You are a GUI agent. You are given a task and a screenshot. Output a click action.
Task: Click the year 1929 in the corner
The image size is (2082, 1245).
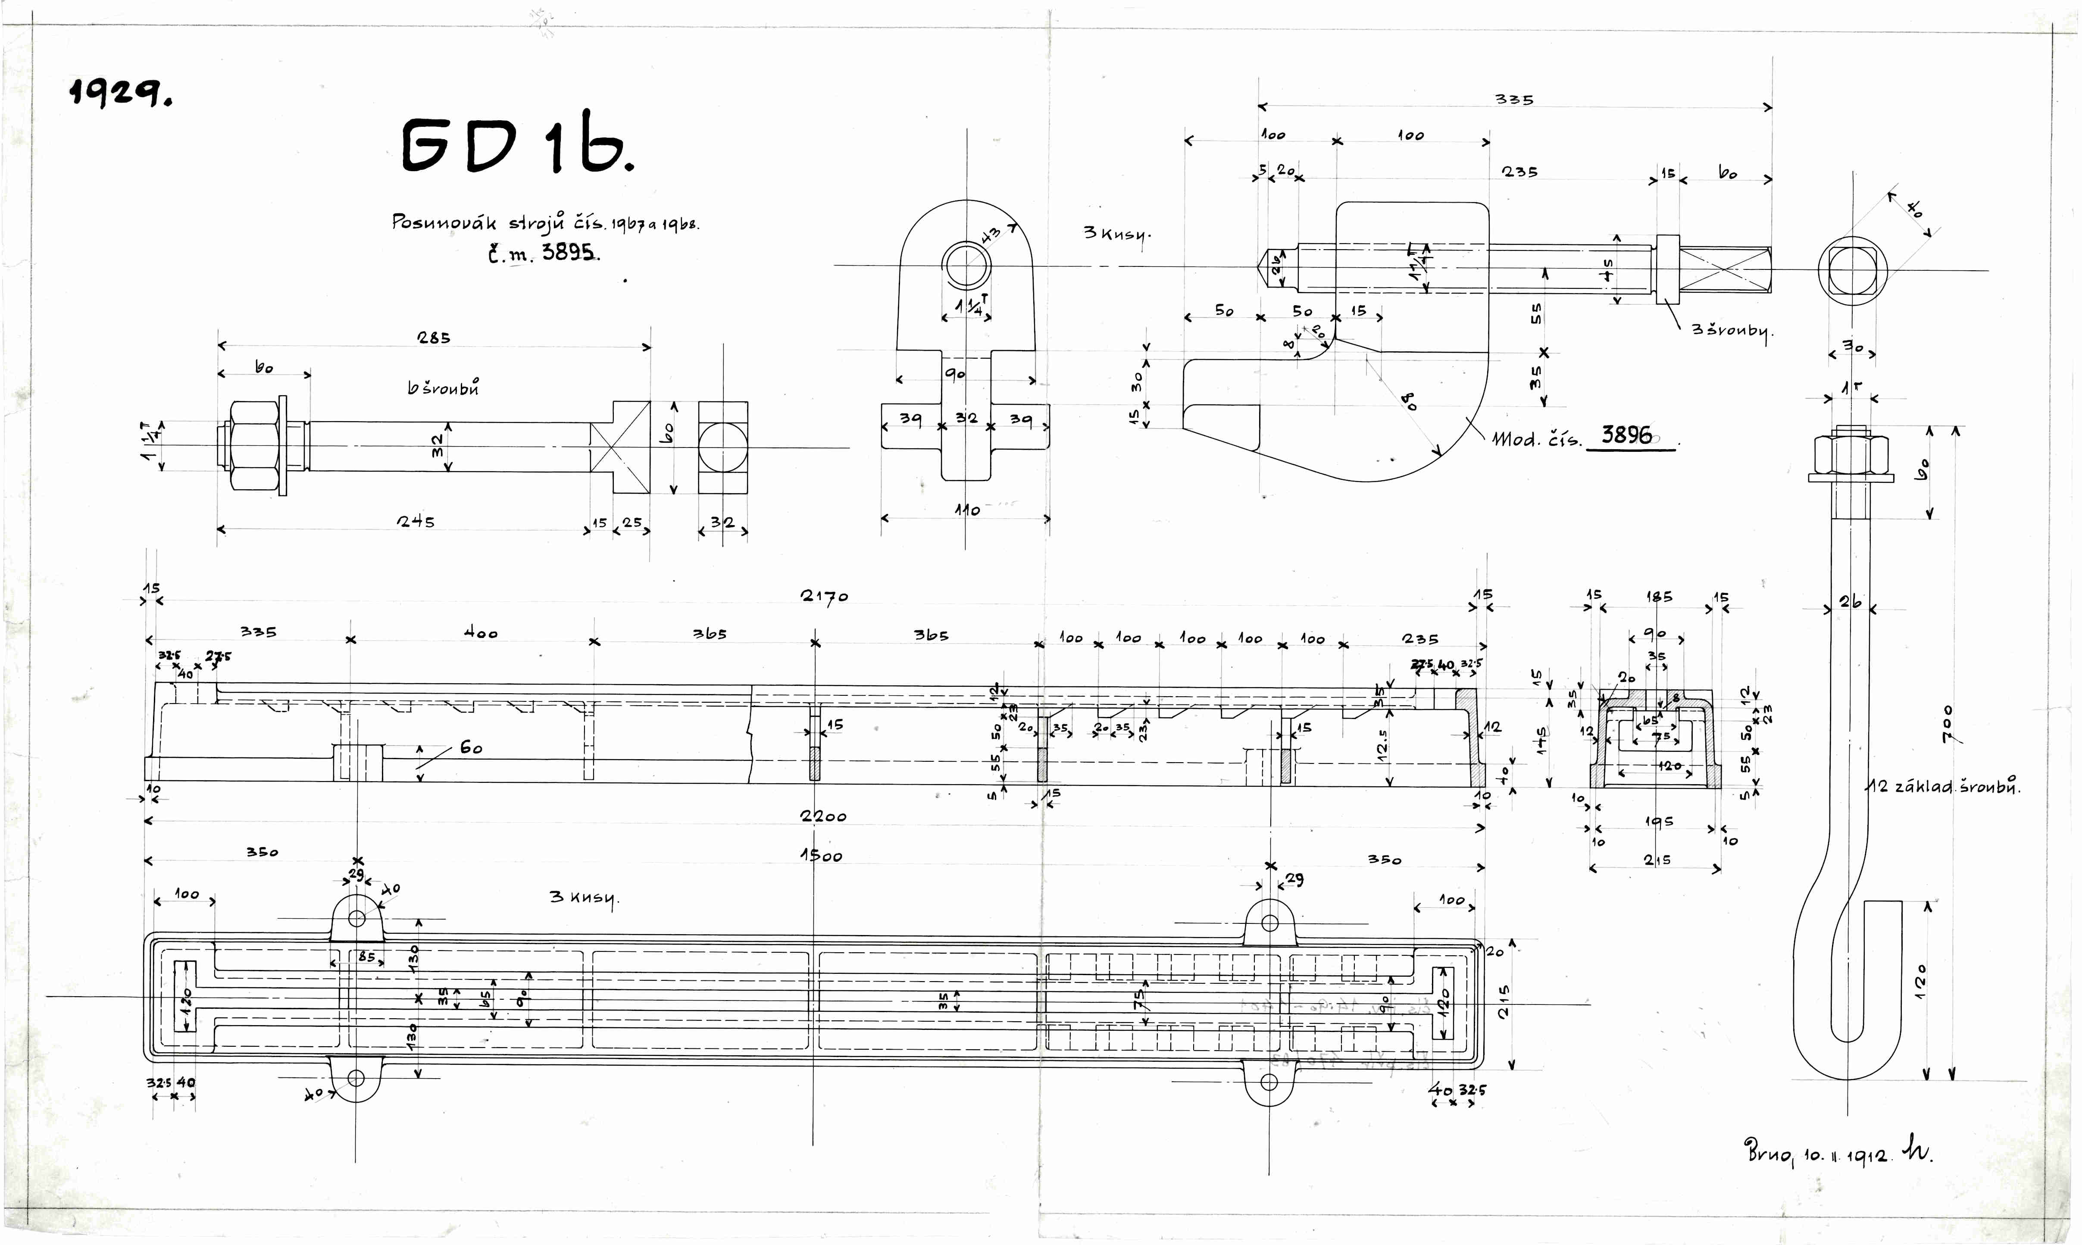(120, 92)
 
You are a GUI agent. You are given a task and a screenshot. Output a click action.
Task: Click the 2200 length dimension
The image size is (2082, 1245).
(823, 816)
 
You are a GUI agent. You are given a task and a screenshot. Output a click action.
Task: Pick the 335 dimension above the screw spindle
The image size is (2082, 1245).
(1514, 99)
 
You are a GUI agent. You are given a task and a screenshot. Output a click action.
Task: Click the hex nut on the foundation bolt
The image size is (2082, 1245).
(1850, 456)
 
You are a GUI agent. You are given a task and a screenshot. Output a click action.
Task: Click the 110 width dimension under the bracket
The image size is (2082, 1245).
(966, 509)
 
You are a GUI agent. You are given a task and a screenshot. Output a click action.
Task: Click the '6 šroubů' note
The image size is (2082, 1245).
(443, 388)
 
